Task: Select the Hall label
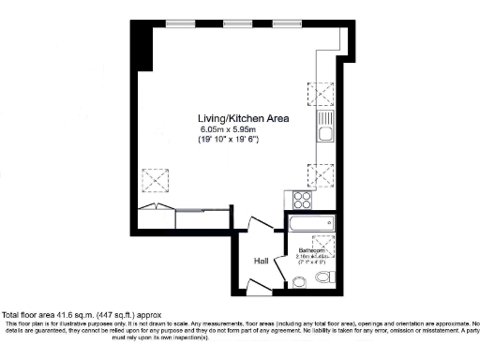(262, 262)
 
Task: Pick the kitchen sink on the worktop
(323, 127)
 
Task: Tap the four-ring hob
(303, 200)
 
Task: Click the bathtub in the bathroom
(310, 223)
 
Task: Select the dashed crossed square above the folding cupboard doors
(152, 178)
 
